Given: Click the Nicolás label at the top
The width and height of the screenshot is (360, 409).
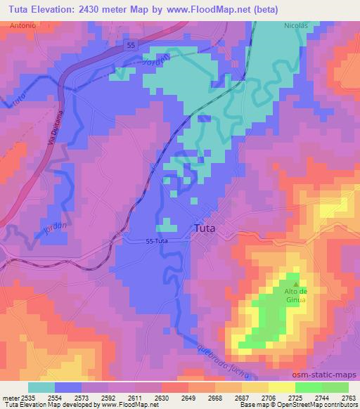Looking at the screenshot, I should tap(296, 25).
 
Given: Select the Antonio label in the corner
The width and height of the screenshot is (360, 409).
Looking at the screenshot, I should tap(24, 25).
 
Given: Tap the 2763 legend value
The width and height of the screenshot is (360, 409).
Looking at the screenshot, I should tap(349, 398).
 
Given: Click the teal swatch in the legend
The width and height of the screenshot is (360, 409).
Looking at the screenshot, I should tap(41, 387).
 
